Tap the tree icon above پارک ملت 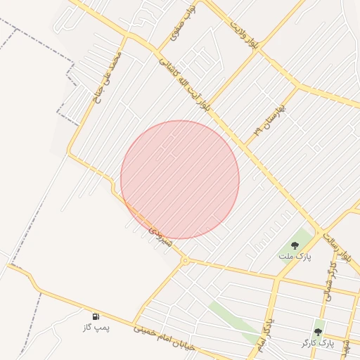(295, 245)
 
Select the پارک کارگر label (315, 342)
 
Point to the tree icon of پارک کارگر (318, 331)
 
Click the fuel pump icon (96, 317)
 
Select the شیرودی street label (157, 226)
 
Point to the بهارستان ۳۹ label (271, 120)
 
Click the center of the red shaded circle (180, 179)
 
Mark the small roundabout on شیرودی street (185, 261)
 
